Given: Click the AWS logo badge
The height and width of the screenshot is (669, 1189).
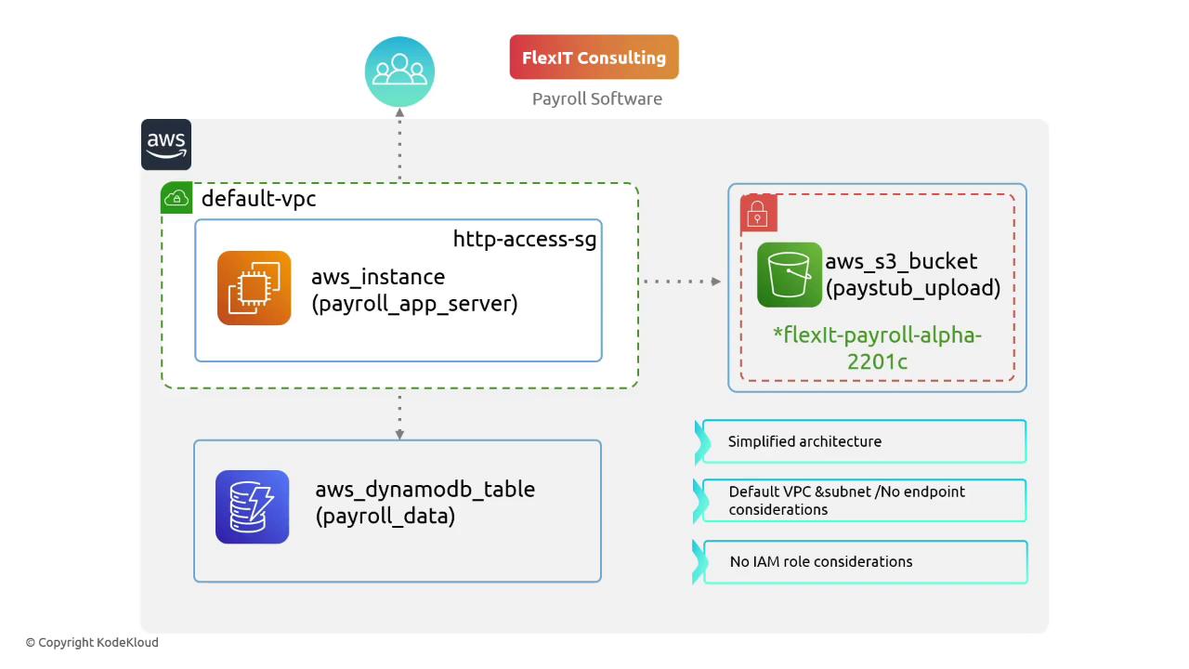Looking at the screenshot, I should pos(166,144).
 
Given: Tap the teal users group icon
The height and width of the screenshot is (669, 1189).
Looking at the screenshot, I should pos(399,72).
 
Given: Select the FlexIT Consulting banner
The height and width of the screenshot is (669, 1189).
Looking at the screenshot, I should pos(594,58).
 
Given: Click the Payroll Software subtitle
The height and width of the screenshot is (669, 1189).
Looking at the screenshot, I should pos(597,98).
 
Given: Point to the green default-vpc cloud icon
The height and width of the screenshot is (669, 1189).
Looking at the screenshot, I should pos(176,198).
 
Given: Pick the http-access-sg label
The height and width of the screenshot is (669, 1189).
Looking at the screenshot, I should pos(525,239).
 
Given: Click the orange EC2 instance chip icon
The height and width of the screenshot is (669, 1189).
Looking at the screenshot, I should pos(255,288).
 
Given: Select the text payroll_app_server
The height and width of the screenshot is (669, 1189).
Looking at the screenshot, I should pos(414,304).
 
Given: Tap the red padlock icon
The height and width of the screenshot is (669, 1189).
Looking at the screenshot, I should pos(758,214).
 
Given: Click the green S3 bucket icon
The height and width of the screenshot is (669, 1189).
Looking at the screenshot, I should pos(790,274).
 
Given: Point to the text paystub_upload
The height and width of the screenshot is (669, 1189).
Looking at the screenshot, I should pos(913,288).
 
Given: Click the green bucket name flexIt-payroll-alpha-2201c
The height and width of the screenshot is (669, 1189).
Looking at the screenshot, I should pos(877,348).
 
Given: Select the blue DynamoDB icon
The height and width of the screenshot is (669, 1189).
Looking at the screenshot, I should pos(253,506).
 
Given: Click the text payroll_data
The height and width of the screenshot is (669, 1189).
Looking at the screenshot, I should pos(385,516).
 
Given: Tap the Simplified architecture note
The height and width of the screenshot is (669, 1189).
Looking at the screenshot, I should pos(804,441).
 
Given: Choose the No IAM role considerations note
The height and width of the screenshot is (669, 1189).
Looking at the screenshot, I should pos(821,561).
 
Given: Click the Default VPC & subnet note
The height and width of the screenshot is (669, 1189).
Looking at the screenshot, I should pos(846,501).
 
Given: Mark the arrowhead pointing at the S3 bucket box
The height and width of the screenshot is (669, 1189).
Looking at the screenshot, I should pos(716,281).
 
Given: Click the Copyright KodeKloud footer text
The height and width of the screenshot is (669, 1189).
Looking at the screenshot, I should pos(92,642).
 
